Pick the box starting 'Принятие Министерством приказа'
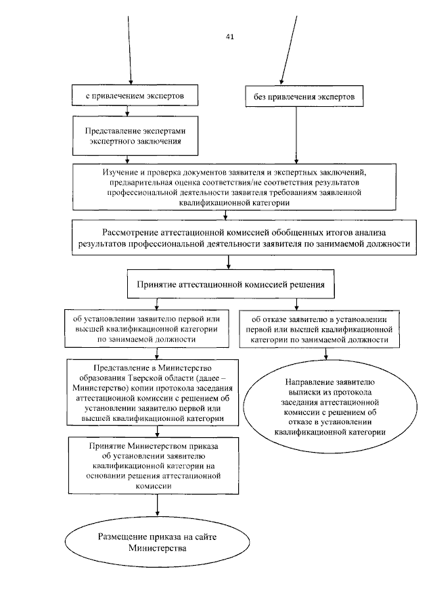click(x=157, y=466)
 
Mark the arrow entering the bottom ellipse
click(x=157, y=511)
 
